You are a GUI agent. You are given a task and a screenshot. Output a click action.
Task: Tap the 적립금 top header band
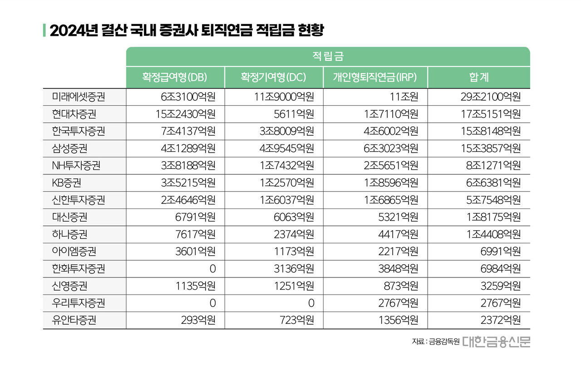[328, 56]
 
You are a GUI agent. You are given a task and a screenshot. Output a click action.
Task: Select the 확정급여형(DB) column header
[175, 77]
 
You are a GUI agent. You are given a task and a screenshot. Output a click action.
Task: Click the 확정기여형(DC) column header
[274, 77]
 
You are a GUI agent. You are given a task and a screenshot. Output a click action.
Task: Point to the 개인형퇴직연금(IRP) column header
[375, 77]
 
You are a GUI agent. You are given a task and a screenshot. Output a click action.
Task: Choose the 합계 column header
[478, 77]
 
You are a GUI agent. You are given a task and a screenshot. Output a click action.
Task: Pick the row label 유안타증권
[74, 320]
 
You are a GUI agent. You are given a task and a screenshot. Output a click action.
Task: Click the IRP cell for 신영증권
[400, 286]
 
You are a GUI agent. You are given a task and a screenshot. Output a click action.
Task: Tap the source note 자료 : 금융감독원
[436, 341]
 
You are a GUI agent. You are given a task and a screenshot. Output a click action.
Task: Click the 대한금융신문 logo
[496, 341]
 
